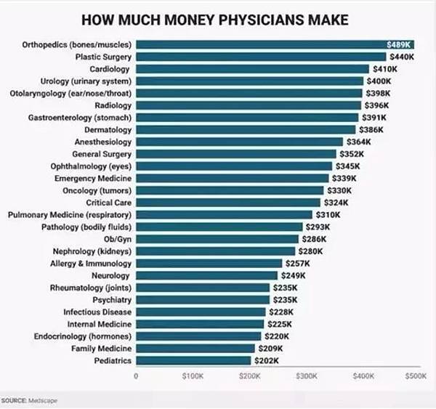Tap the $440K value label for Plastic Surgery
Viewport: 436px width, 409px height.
(x=400, y=56)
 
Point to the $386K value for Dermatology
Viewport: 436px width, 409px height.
(x=371, y=129)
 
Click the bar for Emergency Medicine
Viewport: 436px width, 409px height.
(x=233, y=178)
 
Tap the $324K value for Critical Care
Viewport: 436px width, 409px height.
(x=336, y=203)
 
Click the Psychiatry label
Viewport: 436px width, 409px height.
(x=111, y=300)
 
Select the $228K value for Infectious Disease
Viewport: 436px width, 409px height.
(x=281, y=312)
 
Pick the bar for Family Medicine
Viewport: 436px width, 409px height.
(x=195, y=349)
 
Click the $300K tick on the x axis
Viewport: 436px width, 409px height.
(x=307, y=376)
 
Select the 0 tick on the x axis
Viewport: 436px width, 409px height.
(x=136, y=376)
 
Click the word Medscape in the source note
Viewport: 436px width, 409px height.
(x=43, y=400)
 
